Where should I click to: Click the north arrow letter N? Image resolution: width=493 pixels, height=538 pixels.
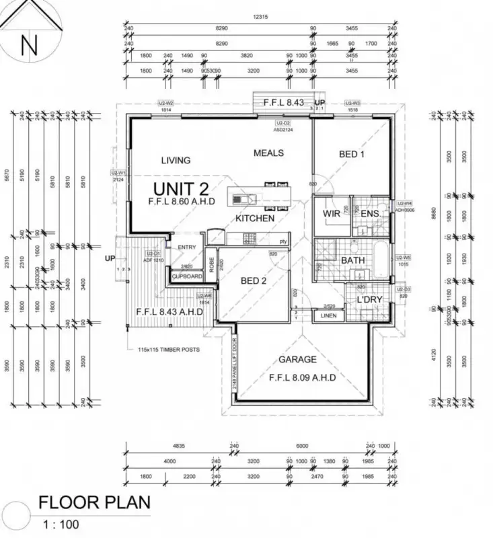coord(28,46)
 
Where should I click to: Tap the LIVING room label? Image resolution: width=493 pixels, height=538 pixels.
coord(176,160)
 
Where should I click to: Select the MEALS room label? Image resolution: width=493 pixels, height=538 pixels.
coord(268,153)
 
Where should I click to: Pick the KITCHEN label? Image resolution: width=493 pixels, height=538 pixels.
coord(255,219)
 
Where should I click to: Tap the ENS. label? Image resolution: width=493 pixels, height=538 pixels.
coord(371,215)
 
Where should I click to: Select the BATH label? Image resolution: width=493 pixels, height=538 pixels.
coord(353,260)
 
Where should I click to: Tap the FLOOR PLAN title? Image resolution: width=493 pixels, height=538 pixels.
coord(93,502)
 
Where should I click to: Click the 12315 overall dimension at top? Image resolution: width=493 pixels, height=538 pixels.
coord(262,15)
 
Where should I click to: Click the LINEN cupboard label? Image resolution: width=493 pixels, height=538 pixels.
coord(328,315)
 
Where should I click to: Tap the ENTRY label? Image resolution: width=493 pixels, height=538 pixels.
coord(186,247)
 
